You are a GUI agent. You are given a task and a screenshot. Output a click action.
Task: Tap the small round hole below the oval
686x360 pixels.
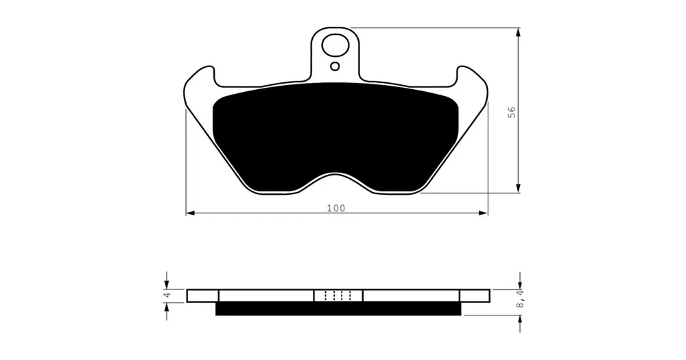(x=335, y=67)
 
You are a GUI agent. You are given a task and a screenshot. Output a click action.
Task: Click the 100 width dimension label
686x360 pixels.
(x=336, y=208)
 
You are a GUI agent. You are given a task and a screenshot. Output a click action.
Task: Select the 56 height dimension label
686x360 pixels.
(x=512, y=112)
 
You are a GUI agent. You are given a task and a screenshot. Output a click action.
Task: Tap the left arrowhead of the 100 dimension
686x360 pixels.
(x=190, y=213)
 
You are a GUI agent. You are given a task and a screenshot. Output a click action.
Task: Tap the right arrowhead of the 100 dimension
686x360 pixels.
(x=483, y=213)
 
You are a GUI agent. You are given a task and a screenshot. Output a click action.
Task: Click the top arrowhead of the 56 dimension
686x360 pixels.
(x=519, y=32)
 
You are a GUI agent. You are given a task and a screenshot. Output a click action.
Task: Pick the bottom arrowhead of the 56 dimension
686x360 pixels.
(x=519, y=188)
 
